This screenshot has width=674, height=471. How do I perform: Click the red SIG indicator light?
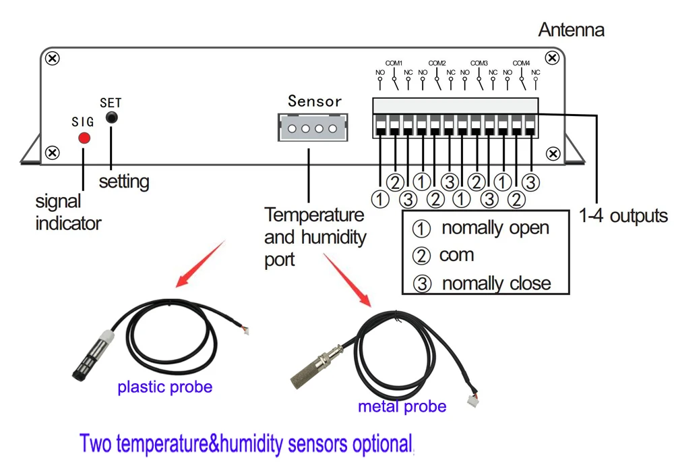coord(84,138)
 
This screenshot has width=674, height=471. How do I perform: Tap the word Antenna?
coord(572,30)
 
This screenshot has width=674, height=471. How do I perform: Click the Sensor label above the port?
coord(315,101)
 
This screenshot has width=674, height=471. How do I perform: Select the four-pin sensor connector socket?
coord(313,128)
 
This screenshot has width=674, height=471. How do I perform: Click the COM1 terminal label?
coord(394,63)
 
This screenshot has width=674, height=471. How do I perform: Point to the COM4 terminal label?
coord(521,63)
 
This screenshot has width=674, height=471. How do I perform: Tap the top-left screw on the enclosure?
coord(53,58)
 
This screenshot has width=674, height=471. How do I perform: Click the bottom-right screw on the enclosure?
coord(553,153)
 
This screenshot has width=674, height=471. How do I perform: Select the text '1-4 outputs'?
coord(623,216)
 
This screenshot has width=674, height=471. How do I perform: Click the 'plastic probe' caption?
coord(164,387)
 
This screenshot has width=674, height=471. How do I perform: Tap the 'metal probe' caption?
coord(402,406)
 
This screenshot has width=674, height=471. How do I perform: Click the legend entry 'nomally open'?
coord(495,228)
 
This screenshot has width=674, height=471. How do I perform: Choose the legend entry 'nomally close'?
coord(497,283)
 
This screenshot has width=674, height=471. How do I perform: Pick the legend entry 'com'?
coord(456,255)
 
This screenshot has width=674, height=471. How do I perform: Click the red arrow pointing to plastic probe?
coord(200,263)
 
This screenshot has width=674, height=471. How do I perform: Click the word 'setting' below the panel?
coord(124,182)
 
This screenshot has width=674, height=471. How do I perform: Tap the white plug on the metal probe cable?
coord(472,400)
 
